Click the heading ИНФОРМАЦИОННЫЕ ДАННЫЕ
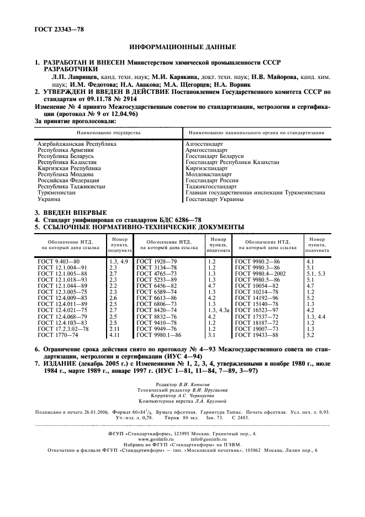coord(182,49)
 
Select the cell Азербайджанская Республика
coord(76,144)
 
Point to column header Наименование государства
coord(108,133)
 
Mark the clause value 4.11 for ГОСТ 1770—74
coord(114,335)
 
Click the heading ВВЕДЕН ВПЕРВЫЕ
coord(75,213)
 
